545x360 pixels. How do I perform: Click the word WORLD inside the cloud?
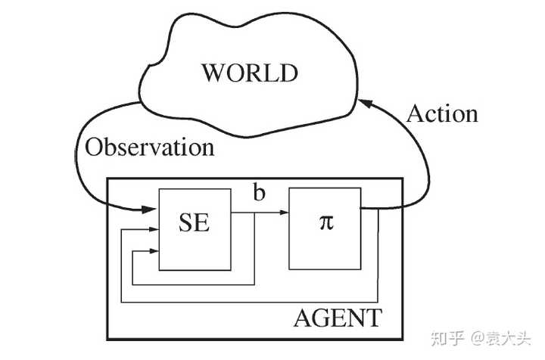pyautogui.click(x=250, y=73)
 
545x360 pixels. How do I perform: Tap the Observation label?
pyautogui.click(x=149, y=147)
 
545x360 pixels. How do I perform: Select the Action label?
pyautogui.click(x=442, y=113)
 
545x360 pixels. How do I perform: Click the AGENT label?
pyautogui.click(x=338, y=318)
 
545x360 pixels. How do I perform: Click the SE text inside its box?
pyautogui.click(x=195, y=222)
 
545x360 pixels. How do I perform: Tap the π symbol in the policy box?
pyautogui.click(x=326, y=222)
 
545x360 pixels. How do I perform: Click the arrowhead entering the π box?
pyautogui.click(x=285, y=213)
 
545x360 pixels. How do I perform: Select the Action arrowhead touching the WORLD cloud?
pyautogui.click(x=365, y=103)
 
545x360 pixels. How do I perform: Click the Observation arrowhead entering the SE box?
pyautogui.click(x=149, y=209)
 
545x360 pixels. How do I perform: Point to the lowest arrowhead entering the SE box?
pyautogui.click(x=154, y=251)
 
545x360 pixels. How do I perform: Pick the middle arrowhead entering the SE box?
pyautogui.click(x=154, y=229)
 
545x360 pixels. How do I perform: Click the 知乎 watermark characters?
pyautogui.click(x=447, y=338)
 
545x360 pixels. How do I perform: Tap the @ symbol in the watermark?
pyautogui.click(x=478, y=338)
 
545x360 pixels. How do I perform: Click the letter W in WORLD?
pyautogui.click(x=213, y=73)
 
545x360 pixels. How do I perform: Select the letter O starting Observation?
pyautogui.click(x=93, y=147)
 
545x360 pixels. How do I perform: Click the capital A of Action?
pyautogui.click(x=414, y=113)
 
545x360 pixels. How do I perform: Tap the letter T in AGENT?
pyautogui.click(x=374, y=318)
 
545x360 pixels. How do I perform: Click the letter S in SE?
pyautogui.click(x=185, y=222)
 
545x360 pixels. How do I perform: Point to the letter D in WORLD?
pyautogui.click(x=289, y=73)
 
